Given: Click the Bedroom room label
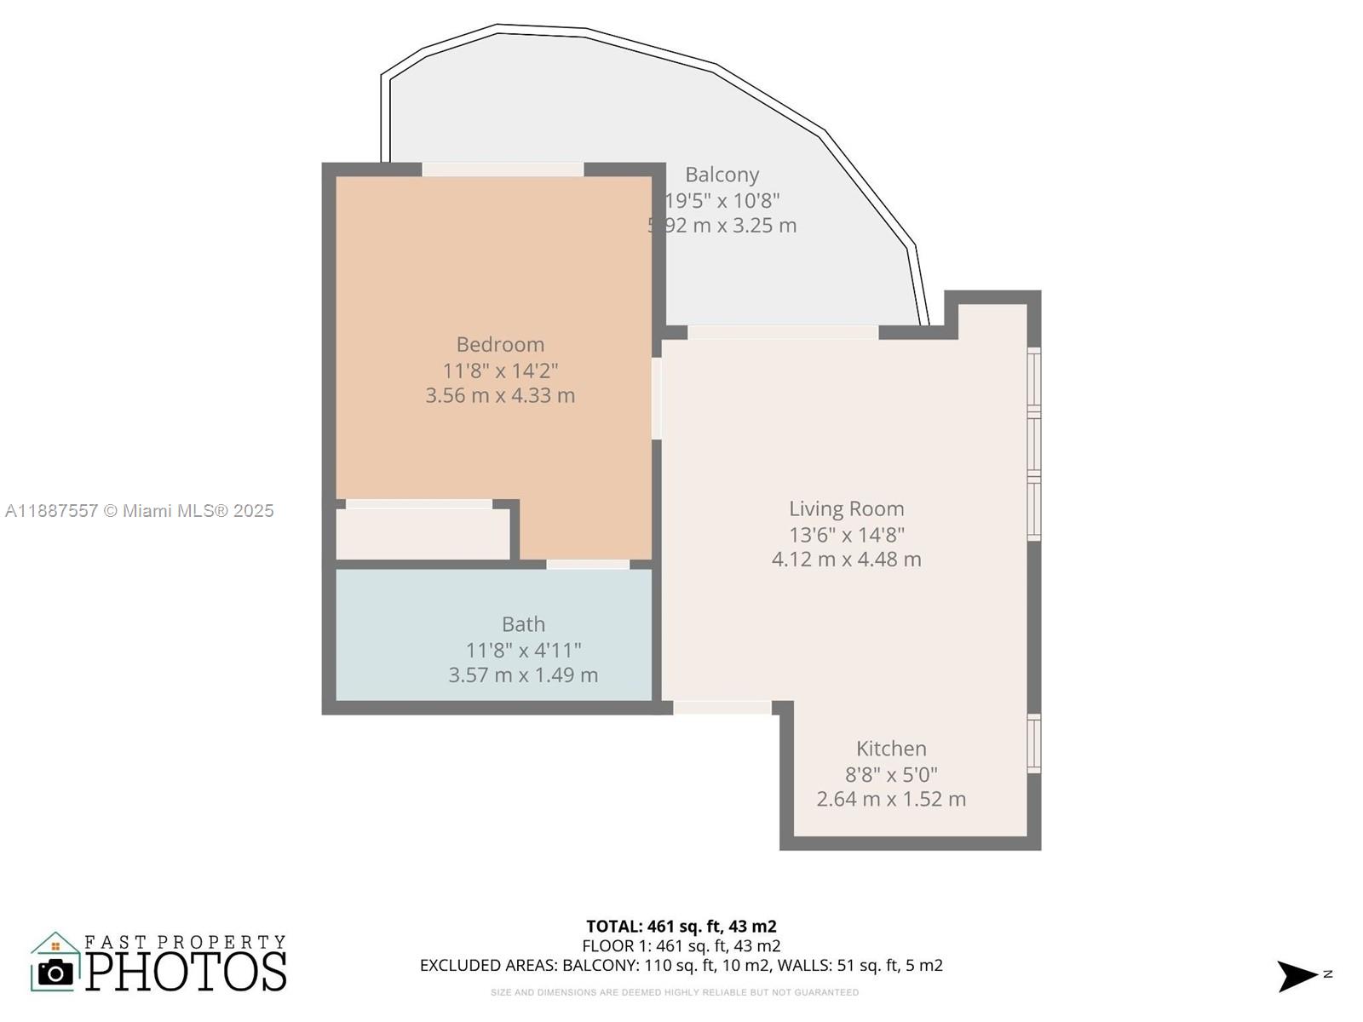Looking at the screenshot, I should coord(500,345).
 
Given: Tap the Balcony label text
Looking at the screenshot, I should coord(722,175).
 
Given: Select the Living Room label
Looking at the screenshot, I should coord(846,509).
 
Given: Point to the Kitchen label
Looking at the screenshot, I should coord(891,749).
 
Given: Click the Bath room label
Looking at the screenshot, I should coord(523,624).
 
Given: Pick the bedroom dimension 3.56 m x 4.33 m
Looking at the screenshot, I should coord(500,395).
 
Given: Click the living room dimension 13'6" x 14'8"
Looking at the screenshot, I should coord(846,535).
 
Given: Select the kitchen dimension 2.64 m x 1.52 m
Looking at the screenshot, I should coord(891,799).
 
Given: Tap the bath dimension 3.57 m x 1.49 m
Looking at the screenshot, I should coord(523,675).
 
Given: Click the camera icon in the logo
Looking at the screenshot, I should coord(56,972).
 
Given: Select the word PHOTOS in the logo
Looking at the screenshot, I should coord(187,972).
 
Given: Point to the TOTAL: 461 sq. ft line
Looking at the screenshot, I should coord(681,926).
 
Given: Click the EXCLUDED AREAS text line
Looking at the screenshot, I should coord(681,966).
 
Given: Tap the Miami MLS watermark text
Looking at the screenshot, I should coord(140,511).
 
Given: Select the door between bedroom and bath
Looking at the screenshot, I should coord(588,565).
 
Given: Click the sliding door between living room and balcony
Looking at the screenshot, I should coord(783,332).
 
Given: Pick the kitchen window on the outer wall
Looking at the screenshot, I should coord(1033,744).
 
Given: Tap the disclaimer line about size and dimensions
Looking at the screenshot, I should coord(674,992).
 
